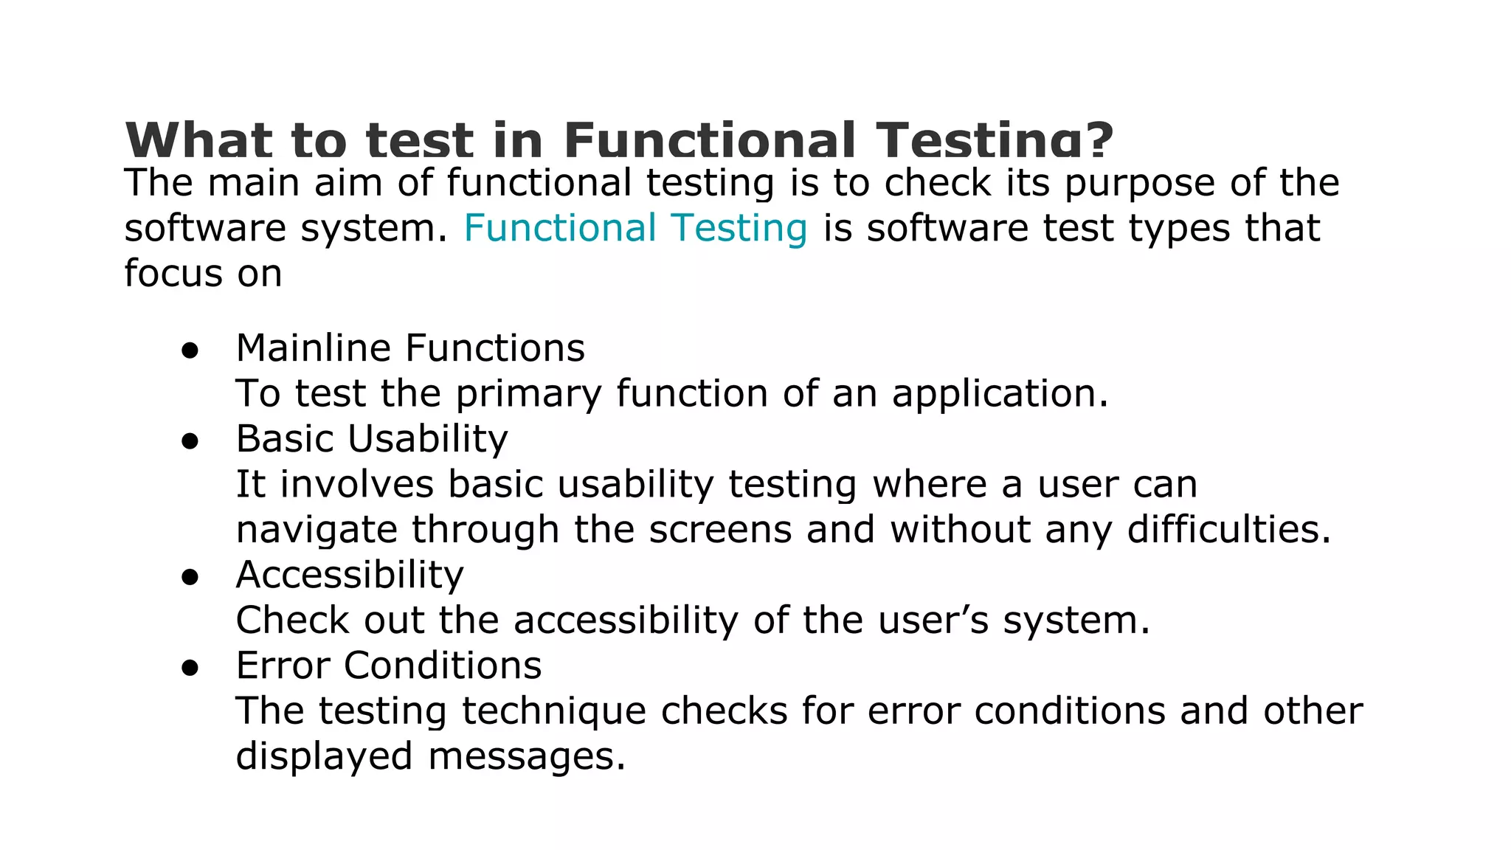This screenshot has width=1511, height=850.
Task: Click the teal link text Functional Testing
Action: (635, 228)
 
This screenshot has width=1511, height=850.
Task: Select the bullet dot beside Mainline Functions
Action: (190, 352)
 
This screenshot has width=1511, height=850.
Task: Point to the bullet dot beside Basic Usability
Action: (190, 442)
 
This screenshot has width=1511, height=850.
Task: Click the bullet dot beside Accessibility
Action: (190, 578)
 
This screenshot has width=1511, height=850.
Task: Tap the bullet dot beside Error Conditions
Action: (190, 668)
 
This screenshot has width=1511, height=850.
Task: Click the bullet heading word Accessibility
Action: (350, 575)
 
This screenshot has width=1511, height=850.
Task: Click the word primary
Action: (528, 394)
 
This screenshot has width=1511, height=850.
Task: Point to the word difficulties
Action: (1229, 530)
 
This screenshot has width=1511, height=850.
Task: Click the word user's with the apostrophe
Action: (933, 621)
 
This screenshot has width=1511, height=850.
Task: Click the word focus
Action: (173, 274)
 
